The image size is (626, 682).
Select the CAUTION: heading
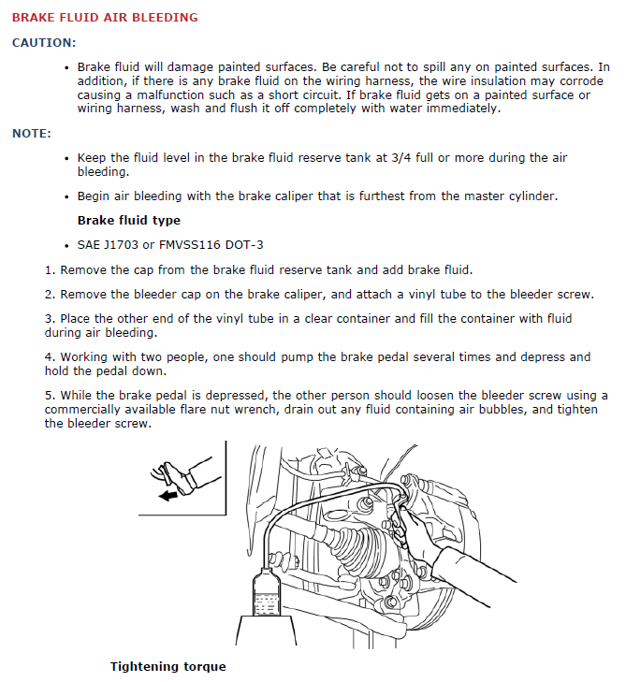click(44, 43)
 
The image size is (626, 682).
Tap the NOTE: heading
click(32, 134)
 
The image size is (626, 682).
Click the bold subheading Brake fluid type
click(128, 221)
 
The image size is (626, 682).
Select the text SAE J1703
click(110, 245)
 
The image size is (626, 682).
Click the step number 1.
click(49, 269)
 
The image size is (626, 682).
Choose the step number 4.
click(49, 356)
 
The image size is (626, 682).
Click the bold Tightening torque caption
click(167, 667)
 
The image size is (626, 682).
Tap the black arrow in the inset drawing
click(168, 495)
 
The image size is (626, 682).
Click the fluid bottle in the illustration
click(268, 595)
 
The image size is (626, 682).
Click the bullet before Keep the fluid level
click(66, 159)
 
